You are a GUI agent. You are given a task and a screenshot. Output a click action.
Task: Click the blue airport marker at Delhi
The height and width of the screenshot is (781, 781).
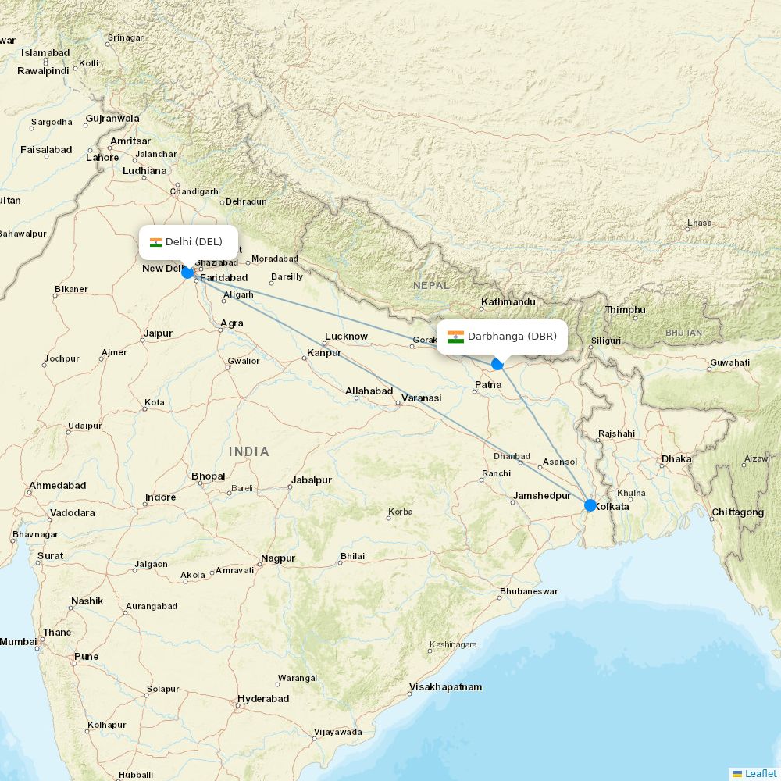click(x=187, y=272)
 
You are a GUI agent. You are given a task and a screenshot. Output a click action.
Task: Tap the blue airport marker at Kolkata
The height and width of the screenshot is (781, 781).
click(x=590, y=505)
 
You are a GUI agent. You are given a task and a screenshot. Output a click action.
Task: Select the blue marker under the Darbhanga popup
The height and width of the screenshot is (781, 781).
click(x=497, y=364)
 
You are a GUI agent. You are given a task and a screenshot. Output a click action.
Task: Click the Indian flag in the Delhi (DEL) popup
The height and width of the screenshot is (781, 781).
click(x=155, y=242)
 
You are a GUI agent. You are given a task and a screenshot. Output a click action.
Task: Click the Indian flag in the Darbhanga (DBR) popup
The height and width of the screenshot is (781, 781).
click(x=455, y=337)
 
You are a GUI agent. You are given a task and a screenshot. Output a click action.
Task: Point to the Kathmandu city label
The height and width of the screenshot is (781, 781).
click(x=508, y=301)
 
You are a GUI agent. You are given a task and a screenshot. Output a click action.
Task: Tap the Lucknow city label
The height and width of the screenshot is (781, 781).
click(x=346, y=336)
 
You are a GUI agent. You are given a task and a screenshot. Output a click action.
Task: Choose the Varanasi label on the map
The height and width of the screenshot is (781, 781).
click(x=422, y=398)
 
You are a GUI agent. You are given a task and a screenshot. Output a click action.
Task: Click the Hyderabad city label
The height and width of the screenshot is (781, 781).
click(x=263, y=698)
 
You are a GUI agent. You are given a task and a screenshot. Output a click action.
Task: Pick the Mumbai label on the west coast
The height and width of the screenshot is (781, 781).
click(x=18, y=641)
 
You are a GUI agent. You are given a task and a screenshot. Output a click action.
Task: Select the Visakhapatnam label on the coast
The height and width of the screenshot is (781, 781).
click(x=445, y=687)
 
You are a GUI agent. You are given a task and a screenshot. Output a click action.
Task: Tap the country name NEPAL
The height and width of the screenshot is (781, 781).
click(x=431, y=285)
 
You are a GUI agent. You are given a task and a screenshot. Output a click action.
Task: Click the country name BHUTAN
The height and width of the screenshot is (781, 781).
click(x=683, y=333)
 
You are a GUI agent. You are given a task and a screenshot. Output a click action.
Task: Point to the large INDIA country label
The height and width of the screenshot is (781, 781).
click(x=249, y=451)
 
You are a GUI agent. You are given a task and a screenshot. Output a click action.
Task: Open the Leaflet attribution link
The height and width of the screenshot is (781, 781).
click(x=760, y=773)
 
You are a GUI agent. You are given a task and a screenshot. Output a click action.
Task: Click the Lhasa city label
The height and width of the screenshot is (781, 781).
click(x=699, y=223)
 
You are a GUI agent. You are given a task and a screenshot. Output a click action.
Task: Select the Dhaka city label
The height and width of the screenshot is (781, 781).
click(x=676, y=458)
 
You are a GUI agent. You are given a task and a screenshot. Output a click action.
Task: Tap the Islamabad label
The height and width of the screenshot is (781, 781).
click(x=45, y=53)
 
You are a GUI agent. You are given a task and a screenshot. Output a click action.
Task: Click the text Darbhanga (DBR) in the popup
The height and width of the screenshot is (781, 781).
click(x=512, y=337)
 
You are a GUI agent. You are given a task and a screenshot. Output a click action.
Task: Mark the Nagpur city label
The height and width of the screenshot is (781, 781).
click(x=278, y=558)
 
